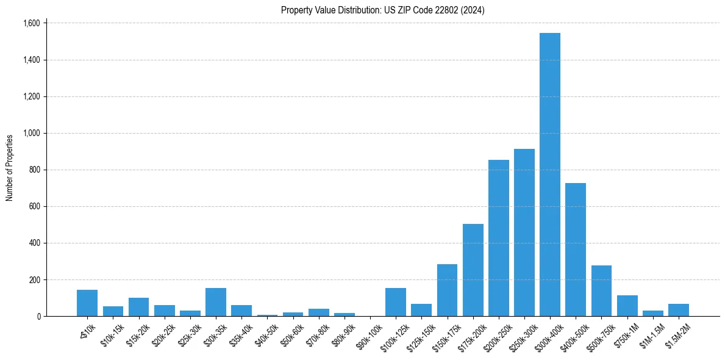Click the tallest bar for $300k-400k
point(549,175)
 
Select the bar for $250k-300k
point(524,232)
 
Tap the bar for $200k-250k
point(498,238)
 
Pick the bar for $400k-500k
point(575,250)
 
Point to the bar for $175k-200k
point(473,270)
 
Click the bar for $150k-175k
point(447,290)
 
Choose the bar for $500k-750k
point(601,291)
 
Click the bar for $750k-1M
point(627,306)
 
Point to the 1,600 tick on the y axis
point(31,23)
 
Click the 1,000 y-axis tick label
point(31,133)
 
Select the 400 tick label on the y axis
point(34,243)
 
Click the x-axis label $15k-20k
point(138,334)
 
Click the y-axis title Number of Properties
point(10,168)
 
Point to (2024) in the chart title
point(473,10)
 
